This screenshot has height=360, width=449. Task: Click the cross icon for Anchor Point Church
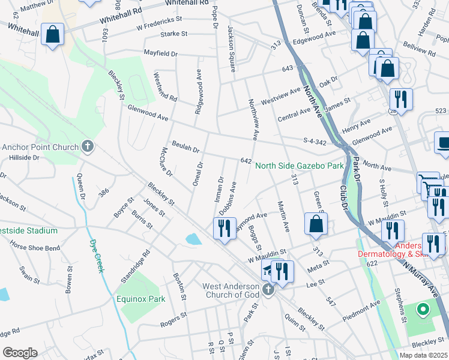click(x=88, y=146)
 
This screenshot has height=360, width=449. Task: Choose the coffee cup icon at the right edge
click(x=443, y=143)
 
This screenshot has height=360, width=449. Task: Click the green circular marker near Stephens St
click(x=422, y=310)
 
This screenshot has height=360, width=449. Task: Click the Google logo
click(x=20, y=352)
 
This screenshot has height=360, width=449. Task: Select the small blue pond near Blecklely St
click(x=193, y=239)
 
